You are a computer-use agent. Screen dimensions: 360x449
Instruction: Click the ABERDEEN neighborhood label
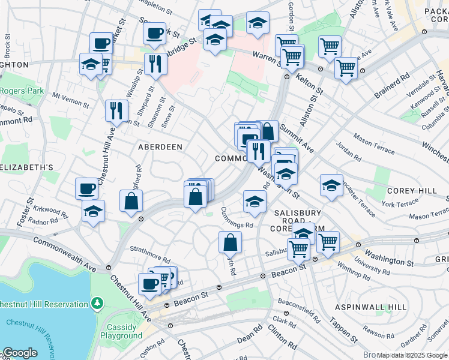coord(160,146)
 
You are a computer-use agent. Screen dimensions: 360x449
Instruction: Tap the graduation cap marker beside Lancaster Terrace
coord(331,185)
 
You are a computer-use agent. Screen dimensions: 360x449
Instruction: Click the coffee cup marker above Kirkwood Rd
coord(86,189)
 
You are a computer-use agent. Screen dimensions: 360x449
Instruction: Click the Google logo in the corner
coord(20,353)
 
